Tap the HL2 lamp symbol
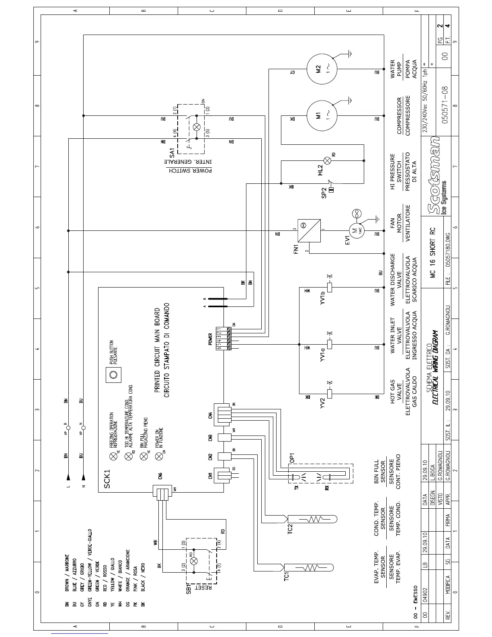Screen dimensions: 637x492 tap(328, 160)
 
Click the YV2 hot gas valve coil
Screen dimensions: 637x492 tap(330, 393)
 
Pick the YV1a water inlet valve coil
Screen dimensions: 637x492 tap(330, 344)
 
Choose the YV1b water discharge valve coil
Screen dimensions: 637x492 tap(330, 287)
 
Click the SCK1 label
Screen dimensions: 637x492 tap(107, 479)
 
